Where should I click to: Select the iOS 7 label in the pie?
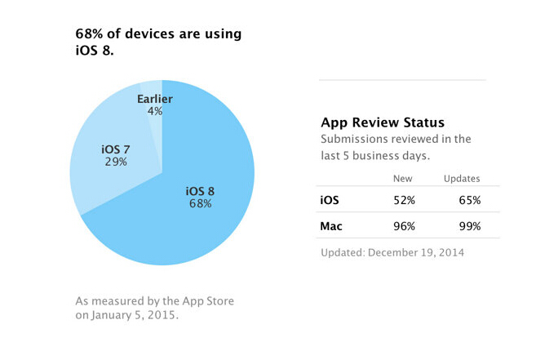[x=115, y=149]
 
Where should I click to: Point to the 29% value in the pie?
[x=115, y=162]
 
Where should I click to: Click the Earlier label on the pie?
[x=154, y=98]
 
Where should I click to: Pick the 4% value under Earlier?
[x=154, y=111]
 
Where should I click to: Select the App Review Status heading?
[x=383, y=123]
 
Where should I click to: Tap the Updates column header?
[x=462, y=178]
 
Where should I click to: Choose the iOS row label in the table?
[x=329, y=198]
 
